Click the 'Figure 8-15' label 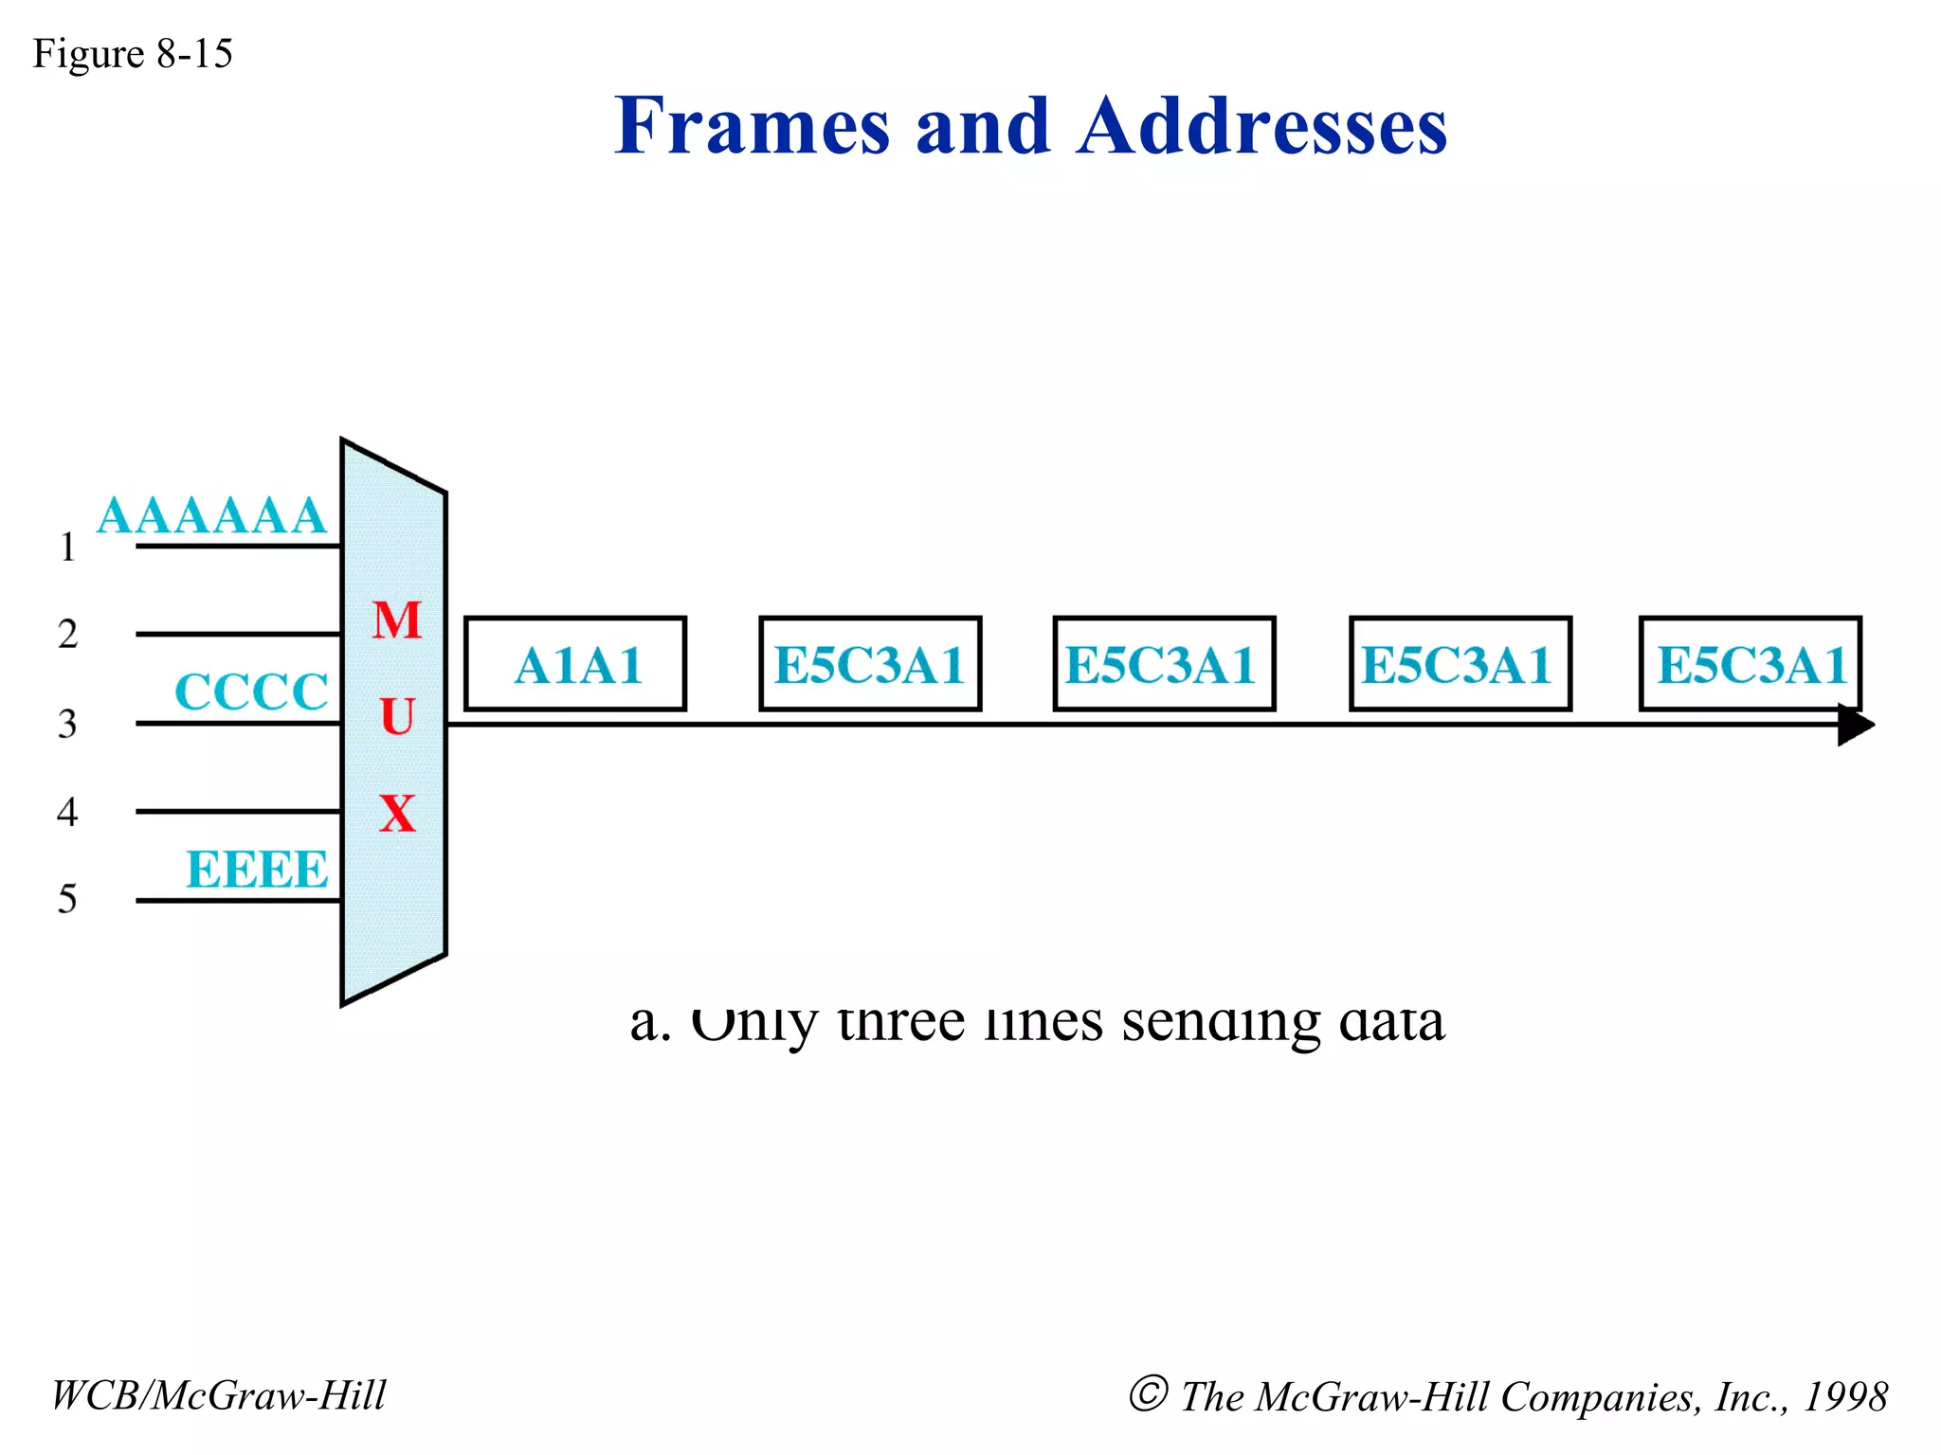pos(132,54)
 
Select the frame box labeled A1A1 pos(575,664)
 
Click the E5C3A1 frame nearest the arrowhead pos(1751,664)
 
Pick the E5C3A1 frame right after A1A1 pos(870,664)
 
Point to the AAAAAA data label pos(211,517)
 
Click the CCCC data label pos(251,692)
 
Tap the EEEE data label pos(257,870)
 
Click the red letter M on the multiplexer pos(397,621)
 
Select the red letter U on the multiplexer pos(397,717)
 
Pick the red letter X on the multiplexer pos(397,814)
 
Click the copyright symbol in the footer pos(1148,1394)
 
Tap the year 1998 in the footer pos(1844,1397)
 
